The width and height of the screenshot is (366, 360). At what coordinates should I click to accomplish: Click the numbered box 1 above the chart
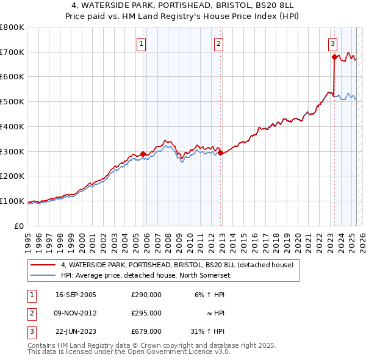(x=141, y=43)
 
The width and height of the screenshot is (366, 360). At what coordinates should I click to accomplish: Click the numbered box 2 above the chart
(x=218, y=43)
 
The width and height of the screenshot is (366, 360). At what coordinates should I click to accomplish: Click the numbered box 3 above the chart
(x=332, y=43)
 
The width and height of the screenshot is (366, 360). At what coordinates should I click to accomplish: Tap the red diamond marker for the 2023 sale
(x=334, y=57)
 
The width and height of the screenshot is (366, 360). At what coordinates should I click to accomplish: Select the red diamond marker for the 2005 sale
(x=143, y=154)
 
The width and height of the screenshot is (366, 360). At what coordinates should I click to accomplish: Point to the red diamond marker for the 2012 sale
(x=220, y=153)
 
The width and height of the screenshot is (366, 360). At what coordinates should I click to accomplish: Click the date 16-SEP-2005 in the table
(x=76, y=295)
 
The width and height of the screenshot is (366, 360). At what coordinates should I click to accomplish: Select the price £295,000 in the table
(x=146, y=313)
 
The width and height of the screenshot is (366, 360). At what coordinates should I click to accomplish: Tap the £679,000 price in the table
(x=146, y=331)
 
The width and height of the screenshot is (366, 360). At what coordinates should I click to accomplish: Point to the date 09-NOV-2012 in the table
(x=76, y=313)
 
